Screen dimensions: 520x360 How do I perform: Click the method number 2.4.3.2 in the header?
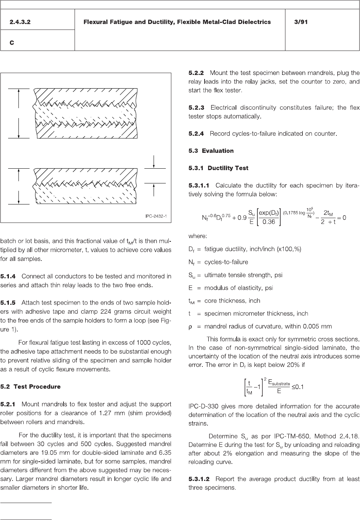pyautogui.click(x=20, y=22)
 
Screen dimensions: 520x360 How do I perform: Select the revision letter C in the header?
pyautogui.click(x=12, y=43)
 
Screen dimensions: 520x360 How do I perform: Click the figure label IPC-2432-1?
pyautogui.click(x=156, y=216)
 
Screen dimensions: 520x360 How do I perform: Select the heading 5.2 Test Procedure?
pyautogui.click(x=30, y=387)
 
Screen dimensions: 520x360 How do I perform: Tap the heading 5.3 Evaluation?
pyautogui.click(x=211, y=151)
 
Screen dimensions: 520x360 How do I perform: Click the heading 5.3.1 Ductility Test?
pyautogui.click(x=218, y=168)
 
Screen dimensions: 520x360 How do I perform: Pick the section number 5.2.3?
pyautogui.click(x=196, y=108)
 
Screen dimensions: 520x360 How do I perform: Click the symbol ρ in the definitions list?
pyautogui.click(x=191, y=326)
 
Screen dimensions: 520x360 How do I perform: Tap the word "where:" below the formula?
pyautogui.click(x=198, y=236)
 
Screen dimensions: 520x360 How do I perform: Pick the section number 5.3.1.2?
pyautogui.click(x=199, y=479)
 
